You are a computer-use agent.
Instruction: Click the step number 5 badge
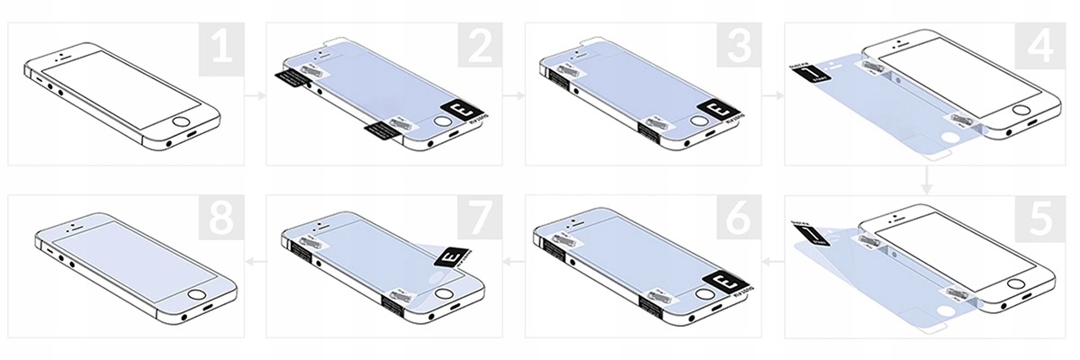point(1044,220)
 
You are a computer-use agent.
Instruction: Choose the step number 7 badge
point(480,220)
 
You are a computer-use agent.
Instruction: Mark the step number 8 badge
point(221,220)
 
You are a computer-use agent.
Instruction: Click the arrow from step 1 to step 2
point(256,93)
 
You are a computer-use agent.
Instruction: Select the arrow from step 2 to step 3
point(514,93)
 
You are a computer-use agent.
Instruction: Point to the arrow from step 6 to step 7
point(514,262)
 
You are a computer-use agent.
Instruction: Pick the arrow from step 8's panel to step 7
point(256,262)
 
